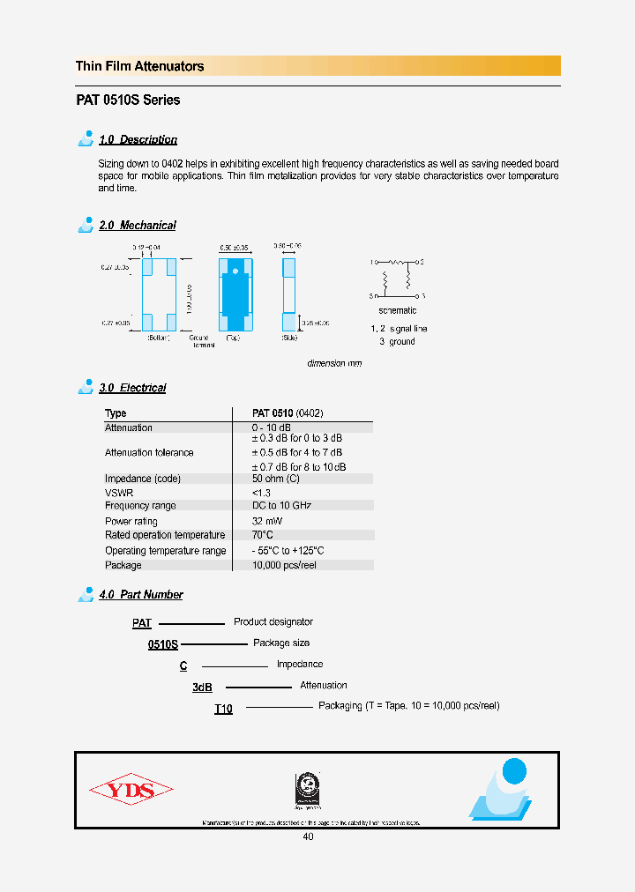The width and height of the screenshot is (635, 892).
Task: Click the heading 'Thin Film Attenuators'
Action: click(x=139, y=66)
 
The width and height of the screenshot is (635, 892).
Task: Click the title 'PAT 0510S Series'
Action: click(x=128, y=100)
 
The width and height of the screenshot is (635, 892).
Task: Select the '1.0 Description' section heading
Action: click(x=138, y=140)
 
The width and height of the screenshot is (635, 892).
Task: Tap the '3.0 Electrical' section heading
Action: click(x=132, y=388)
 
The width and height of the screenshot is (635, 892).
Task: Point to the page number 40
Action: click(x=308, y=836)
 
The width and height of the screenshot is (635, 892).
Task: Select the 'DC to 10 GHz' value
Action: click(x=282, y=506)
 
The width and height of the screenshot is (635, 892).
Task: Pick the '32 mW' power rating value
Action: click(x=267, y=521)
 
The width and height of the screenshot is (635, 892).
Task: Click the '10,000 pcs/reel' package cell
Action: click(x=284, y=565)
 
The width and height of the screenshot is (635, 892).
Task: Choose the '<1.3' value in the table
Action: click(x=261, y=493)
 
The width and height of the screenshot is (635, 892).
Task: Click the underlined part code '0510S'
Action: click(x=162, y=645)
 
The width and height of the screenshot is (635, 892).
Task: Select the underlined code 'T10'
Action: click(x=223, y=710)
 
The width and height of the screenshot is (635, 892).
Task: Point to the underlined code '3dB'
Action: click(x=203, y=688)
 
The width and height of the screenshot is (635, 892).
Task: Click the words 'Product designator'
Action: click(x=273, y=622)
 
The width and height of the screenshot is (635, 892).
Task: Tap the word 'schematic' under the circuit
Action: click(x=397, y=311)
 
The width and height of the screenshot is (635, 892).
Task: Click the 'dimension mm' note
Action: click(x=334, y=363)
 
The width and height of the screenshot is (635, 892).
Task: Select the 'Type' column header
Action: click(x=116, y=413)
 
